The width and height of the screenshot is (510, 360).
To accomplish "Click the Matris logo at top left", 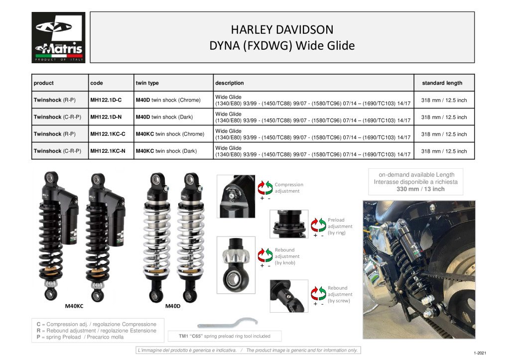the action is (x=59, y=37).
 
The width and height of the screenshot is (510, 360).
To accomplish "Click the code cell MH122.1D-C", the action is (x=106, y=100).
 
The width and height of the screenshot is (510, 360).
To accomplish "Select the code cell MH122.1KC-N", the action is (x=108, y=151).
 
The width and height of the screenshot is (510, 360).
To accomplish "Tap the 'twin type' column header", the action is (x=147, y=83).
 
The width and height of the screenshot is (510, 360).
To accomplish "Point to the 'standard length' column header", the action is (x=442, y=83).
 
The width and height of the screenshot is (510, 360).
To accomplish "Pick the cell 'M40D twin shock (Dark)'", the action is (x=164, y=117).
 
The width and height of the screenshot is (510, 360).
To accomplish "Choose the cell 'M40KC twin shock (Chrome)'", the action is (x=170, y=134).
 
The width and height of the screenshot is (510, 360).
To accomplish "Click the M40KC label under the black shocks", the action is (x=74, y=306).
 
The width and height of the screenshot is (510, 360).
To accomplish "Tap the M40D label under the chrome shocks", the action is (x=173, y=306).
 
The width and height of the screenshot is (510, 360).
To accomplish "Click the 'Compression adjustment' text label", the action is (x=289, y=188).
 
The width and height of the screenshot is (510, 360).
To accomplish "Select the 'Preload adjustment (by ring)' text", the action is (x=340, y=227).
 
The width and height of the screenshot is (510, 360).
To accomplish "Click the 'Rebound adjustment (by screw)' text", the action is (x=340, y=294).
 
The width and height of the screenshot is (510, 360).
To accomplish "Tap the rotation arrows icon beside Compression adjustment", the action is (x=265, y=188).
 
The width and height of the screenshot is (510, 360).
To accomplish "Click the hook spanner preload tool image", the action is (x=228, y=324).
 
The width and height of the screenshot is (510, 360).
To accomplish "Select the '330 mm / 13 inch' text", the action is (x=420, y=189).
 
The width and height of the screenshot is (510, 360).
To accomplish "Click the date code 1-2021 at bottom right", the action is (x=480, y=353).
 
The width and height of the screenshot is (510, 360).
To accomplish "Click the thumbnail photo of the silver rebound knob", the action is (x=236, y=265).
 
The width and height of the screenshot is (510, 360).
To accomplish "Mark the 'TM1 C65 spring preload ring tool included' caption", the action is (x=225, y=336).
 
